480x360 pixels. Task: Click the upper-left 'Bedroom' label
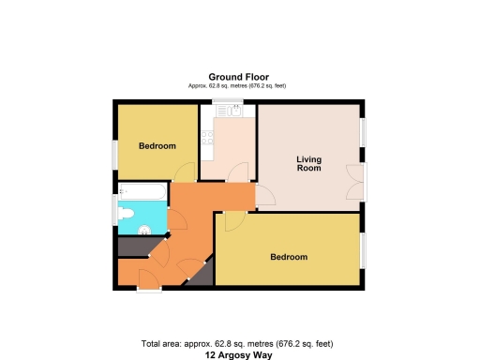click(x=157, y=146)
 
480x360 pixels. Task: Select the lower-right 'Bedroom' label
click(x=289, y=257)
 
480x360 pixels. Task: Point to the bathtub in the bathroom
click(x=142, y=191)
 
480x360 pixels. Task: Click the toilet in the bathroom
click(x=126, y=214)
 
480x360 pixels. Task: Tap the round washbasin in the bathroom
click(x=144, y=231)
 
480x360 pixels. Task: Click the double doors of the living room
click(x=353, y=181)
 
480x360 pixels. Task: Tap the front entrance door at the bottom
click(x=148, y=278)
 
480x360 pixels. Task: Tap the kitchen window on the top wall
click(x=224, y=101)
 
